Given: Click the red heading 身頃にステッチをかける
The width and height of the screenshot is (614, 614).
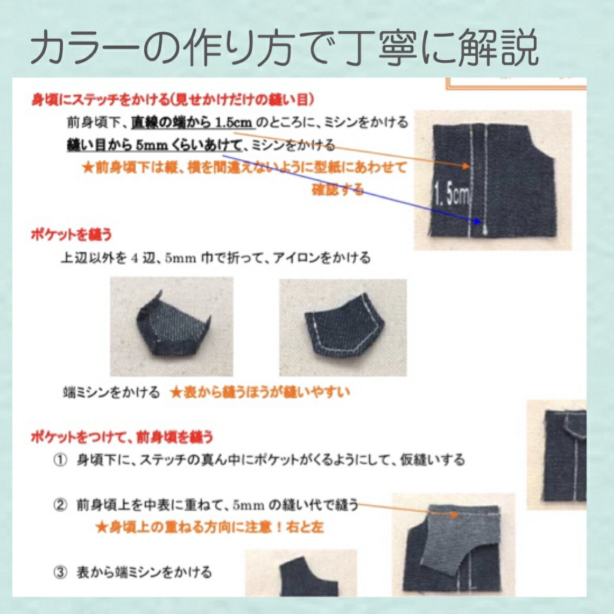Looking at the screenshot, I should click(x=172, y=100).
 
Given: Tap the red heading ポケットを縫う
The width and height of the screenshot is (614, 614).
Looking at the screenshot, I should click(x=71, y=235).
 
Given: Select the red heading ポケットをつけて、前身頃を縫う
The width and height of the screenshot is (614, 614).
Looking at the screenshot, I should click(x=122, y=436).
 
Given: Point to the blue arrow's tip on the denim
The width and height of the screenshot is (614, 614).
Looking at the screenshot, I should click(x=479, y=221).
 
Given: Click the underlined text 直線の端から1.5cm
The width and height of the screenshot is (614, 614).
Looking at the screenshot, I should click(x=193, y=123).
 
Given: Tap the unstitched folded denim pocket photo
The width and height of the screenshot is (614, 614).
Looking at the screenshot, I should click(x=171, y=327).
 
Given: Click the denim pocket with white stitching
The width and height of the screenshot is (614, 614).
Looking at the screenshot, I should click(x=343, y=327).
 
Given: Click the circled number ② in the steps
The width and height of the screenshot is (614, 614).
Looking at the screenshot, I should click(x=60, y=505).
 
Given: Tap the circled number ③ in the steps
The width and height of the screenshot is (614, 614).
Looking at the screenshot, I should click(x=60, y=572).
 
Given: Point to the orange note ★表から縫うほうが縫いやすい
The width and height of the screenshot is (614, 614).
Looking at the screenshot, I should click(x=260, y=392).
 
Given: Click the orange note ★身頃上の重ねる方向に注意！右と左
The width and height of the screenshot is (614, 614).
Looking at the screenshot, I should click(x=209, y=527).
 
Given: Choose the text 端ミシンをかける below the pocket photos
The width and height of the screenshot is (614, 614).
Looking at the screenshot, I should click(x=111, y=393).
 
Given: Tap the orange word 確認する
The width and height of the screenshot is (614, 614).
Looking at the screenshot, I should click(x=338, y=190).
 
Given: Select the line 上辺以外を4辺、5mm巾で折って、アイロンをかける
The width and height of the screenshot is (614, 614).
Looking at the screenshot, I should click(x=215, y=258).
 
